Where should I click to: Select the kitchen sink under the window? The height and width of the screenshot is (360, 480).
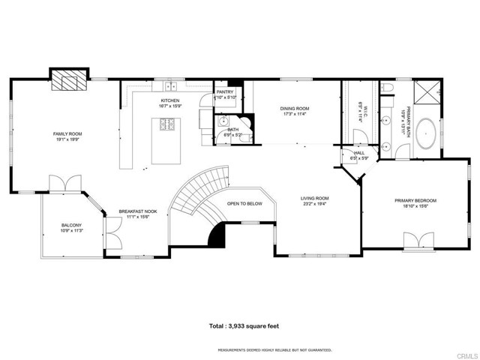[170, 85]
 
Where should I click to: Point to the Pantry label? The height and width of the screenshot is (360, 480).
[225, 91]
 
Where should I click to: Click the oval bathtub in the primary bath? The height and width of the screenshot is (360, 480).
[428, 132]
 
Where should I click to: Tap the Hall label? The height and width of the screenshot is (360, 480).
[359, 152]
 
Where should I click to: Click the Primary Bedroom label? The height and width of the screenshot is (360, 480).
[415, 200]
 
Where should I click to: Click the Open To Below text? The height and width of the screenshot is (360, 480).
[244, 203]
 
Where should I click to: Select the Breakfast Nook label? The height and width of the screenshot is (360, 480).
[138, 211]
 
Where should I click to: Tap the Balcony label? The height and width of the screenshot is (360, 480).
[72, 225]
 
